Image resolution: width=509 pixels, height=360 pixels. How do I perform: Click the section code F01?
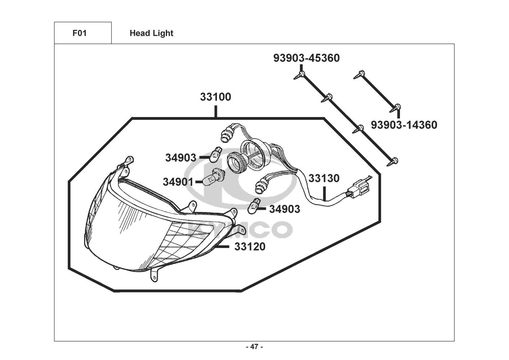tap(79, 33)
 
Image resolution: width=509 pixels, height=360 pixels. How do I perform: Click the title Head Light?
tap(151, 33)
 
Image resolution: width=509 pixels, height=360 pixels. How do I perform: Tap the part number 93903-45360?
tap(306, 58)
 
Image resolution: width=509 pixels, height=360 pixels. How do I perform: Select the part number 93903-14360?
tap(404, 125)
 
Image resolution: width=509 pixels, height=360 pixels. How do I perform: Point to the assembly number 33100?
tap(215, 97)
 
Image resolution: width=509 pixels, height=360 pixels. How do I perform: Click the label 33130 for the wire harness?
tap(324, 179)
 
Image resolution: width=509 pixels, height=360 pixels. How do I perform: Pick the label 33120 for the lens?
tap(250, 247)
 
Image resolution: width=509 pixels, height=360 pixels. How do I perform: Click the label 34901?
tap(178, 182)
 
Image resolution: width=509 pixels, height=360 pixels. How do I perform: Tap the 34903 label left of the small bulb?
tap(181, 158)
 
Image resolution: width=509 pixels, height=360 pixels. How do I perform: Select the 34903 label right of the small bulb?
tap(285, 209)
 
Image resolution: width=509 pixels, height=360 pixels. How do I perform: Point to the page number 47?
tap(255, 347)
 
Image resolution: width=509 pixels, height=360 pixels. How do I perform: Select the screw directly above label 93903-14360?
tap(395, 108)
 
